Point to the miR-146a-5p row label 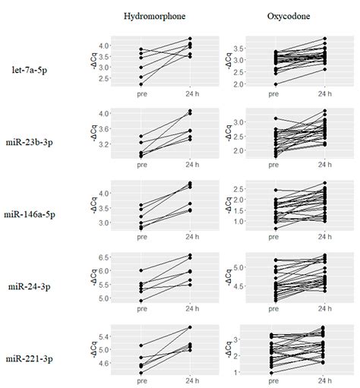point(39,213)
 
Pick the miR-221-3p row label point(39,357)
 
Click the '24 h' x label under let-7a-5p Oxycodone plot point(324,94)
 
